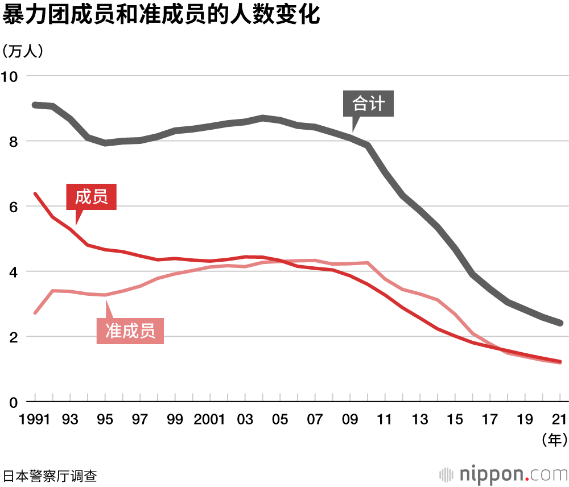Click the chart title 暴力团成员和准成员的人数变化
coord(162,16)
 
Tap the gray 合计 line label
coord(369,104)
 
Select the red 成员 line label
coord(91,197)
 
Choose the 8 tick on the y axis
coord(14,141)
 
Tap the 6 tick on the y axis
coord(14,207)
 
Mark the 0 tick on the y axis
coord(14,402)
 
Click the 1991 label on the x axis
coord(35,420)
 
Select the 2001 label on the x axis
coord(210,420)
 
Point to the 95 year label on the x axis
coord(105,420)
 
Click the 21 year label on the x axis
coord(560,420)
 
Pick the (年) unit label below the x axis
coord(552,439)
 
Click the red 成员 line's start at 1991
coord(35,194)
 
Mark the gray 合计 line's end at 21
coord(560,323)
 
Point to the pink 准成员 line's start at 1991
coord(35,313)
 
